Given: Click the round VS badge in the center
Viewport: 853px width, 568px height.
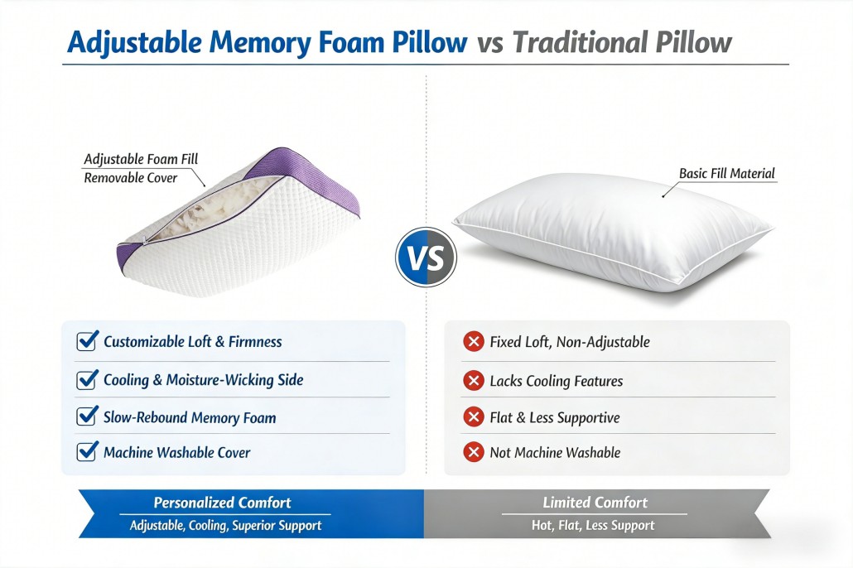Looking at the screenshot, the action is point(426,257).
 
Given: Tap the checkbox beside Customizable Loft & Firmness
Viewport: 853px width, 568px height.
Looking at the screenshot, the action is point(87,341).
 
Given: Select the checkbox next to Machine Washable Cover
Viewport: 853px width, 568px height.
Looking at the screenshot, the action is point(87,451).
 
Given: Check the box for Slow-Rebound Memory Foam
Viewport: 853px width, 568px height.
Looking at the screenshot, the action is point(87,416).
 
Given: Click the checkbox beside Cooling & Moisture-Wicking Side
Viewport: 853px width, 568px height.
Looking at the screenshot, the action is point(87,380).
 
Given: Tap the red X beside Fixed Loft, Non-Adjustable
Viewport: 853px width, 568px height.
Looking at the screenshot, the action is point(473,342).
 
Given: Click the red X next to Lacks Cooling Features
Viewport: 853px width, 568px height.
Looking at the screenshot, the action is point(473,380).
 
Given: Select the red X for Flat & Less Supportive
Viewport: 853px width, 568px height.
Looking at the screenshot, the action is point(473,417).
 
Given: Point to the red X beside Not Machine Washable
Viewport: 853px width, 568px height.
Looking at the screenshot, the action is point(473,452).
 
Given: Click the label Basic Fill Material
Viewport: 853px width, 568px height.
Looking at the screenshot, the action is point(727,174).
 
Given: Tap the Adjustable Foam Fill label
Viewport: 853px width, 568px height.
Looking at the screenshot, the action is point(141,159).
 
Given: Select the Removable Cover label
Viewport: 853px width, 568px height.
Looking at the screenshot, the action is point(131,177).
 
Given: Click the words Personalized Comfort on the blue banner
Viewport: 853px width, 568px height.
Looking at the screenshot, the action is point(222,502).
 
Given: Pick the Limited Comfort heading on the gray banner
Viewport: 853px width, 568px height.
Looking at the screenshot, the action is point(595,502).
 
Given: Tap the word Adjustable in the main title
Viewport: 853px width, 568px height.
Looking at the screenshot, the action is point(134,42).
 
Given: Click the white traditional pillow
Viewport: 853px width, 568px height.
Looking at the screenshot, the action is point(613,231).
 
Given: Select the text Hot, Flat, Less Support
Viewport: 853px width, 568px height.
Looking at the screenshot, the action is point(593,526).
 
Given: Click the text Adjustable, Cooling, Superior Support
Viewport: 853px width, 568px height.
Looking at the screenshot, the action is point(225,526).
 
